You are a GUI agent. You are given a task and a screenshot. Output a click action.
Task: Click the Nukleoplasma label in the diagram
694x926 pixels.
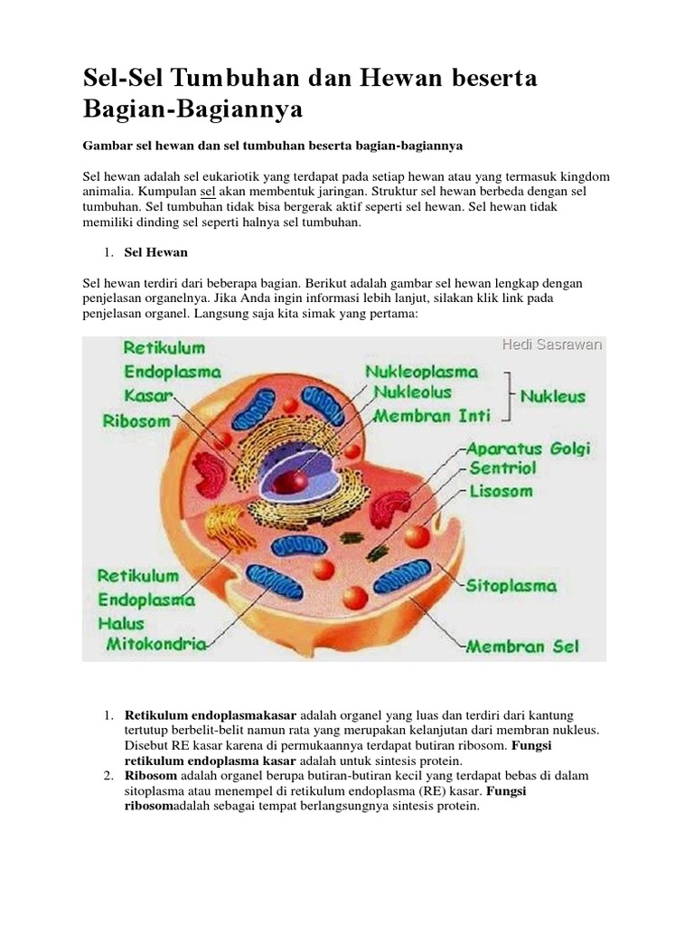pyautogui.click(x=422, y=373)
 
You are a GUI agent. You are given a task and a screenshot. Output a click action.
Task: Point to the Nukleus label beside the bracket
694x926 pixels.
pyautogui.click(x=552, y=396)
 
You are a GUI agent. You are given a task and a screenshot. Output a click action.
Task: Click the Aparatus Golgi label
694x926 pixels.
pyautogui.click(x=527, y=449)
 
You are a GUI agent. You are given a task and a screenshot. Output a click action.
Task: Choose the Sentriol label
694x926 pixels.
pyautogui.click(x=502, y=469)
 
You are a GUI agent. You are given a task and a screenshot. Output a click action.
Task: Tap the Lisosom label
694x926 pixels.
pyautogui.click(x=500, y=492)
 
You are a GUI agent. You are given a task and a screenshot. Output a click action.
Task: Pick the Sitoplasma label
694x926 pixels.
pyautogui.click(x=511, y=585)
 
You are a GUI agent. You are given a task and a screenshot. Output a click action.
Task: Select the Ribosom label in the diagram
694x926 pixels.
pyautogui.click(x=136, y=420)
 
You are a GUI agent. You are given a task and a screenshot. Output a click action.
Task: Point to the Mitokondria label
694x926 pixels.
pyautogui.click(x=157, y=645)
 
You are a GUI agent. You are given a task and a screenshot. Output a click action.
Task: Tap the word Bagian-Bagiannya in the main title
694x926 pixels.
pyautogui.click(x=191, y=110)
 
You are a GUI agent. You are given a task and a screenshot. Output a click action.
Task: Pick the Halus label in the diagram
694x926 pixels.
pyautogui.click(x=122, y=623)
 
